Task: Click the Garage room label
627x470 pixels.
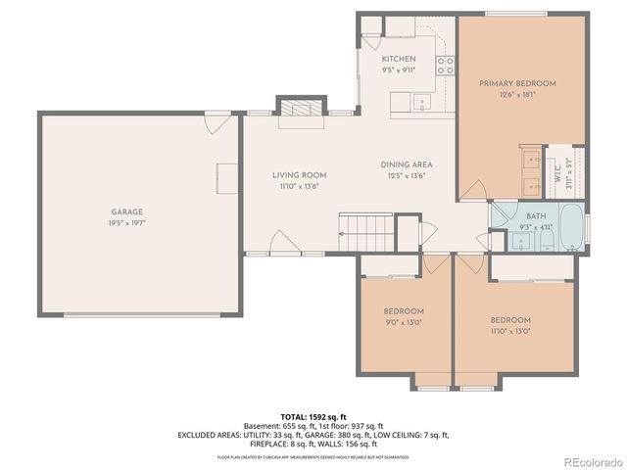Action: pyautogui.click(x=126, y=211)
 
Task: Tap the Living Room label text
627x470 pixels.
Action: pyautogui.click(x=299, y=174)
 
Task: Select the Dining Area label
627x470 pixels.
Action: pyautogui.click(x=407, y=164)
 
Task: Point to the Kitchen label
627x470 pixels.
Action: pyautogui.click(x=399, y=59)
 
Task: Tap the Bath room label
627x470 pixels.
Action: pyautogui.click(x=535, y=216)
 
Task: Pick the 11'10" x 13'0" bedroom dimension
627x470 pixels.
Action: pyautogui.click(x=509, y=330)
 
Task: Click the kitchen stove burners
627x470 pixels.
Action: pyautogui.click(x=446, y=66)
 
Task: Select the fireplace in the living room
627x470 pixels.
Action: pyautogui.click(x=300, y=111)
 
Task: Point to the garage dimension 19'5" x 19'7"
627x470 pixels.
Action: pyautogui.click(x=126, y=222)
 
